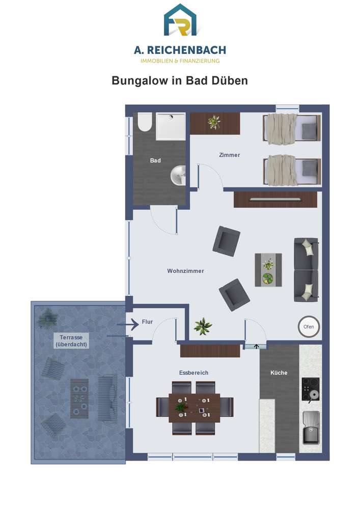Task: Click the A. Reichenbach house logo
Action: pos(180,20)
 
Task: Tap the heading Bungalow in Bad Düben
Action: pos(180,80)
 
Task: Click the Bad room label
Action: pos(155,160)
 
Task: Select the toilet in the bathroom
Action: pos(145,122)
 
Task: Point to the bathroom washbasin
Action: pos(178,175)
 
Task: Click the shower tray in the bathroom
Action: pos(171,126)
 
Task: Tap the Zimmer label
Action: pos(230,155)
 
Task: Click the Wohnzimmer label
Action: pos(185,271)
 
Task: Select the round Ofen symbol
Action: pos(309,327)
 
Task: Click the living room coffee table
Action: pos(268,270)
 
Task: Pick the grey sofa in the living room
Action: pos(306,270)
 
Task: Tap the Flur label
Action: pos(147,322)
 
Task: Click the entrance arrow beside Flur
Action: pos(128,324)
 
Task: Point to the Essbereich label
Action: pos(194,373)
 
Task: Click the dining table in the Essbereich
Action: pos(195,408)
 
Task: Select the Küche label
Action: pos(279,373)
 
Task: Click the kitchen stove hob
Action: pos(310,389)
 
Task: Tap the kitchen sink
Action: pos(311,428)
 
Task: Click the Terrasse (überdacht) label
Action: pos(71,341)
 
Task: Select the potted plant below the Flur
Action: pos(203,326)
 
